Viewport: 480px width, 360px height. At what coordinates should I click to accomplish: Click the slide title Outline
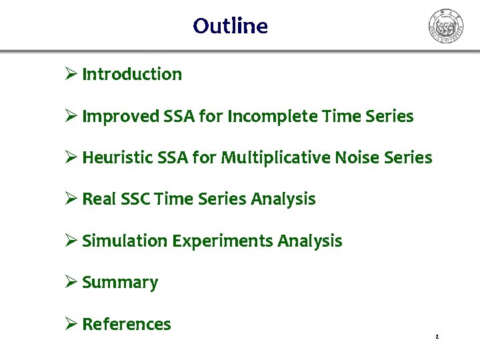[x=230, y=26]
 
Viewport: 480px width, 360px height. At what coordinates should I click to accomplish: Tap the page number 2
[x=437, y=337]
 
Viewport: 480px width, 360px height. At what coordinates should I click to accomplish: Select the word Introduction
[x=131, y=74]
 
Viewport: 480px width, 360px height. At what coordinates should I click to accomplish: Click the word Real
[x=98, y=199]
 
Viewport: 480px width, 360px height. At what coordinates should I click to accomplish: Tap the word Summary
[x=120, y=283]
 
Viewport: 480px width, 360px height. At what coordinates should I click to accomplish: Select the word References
[x=126, y=324]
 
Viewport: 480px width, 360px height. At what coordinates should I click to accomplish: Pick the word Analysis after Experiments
[x=310, y=241]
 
